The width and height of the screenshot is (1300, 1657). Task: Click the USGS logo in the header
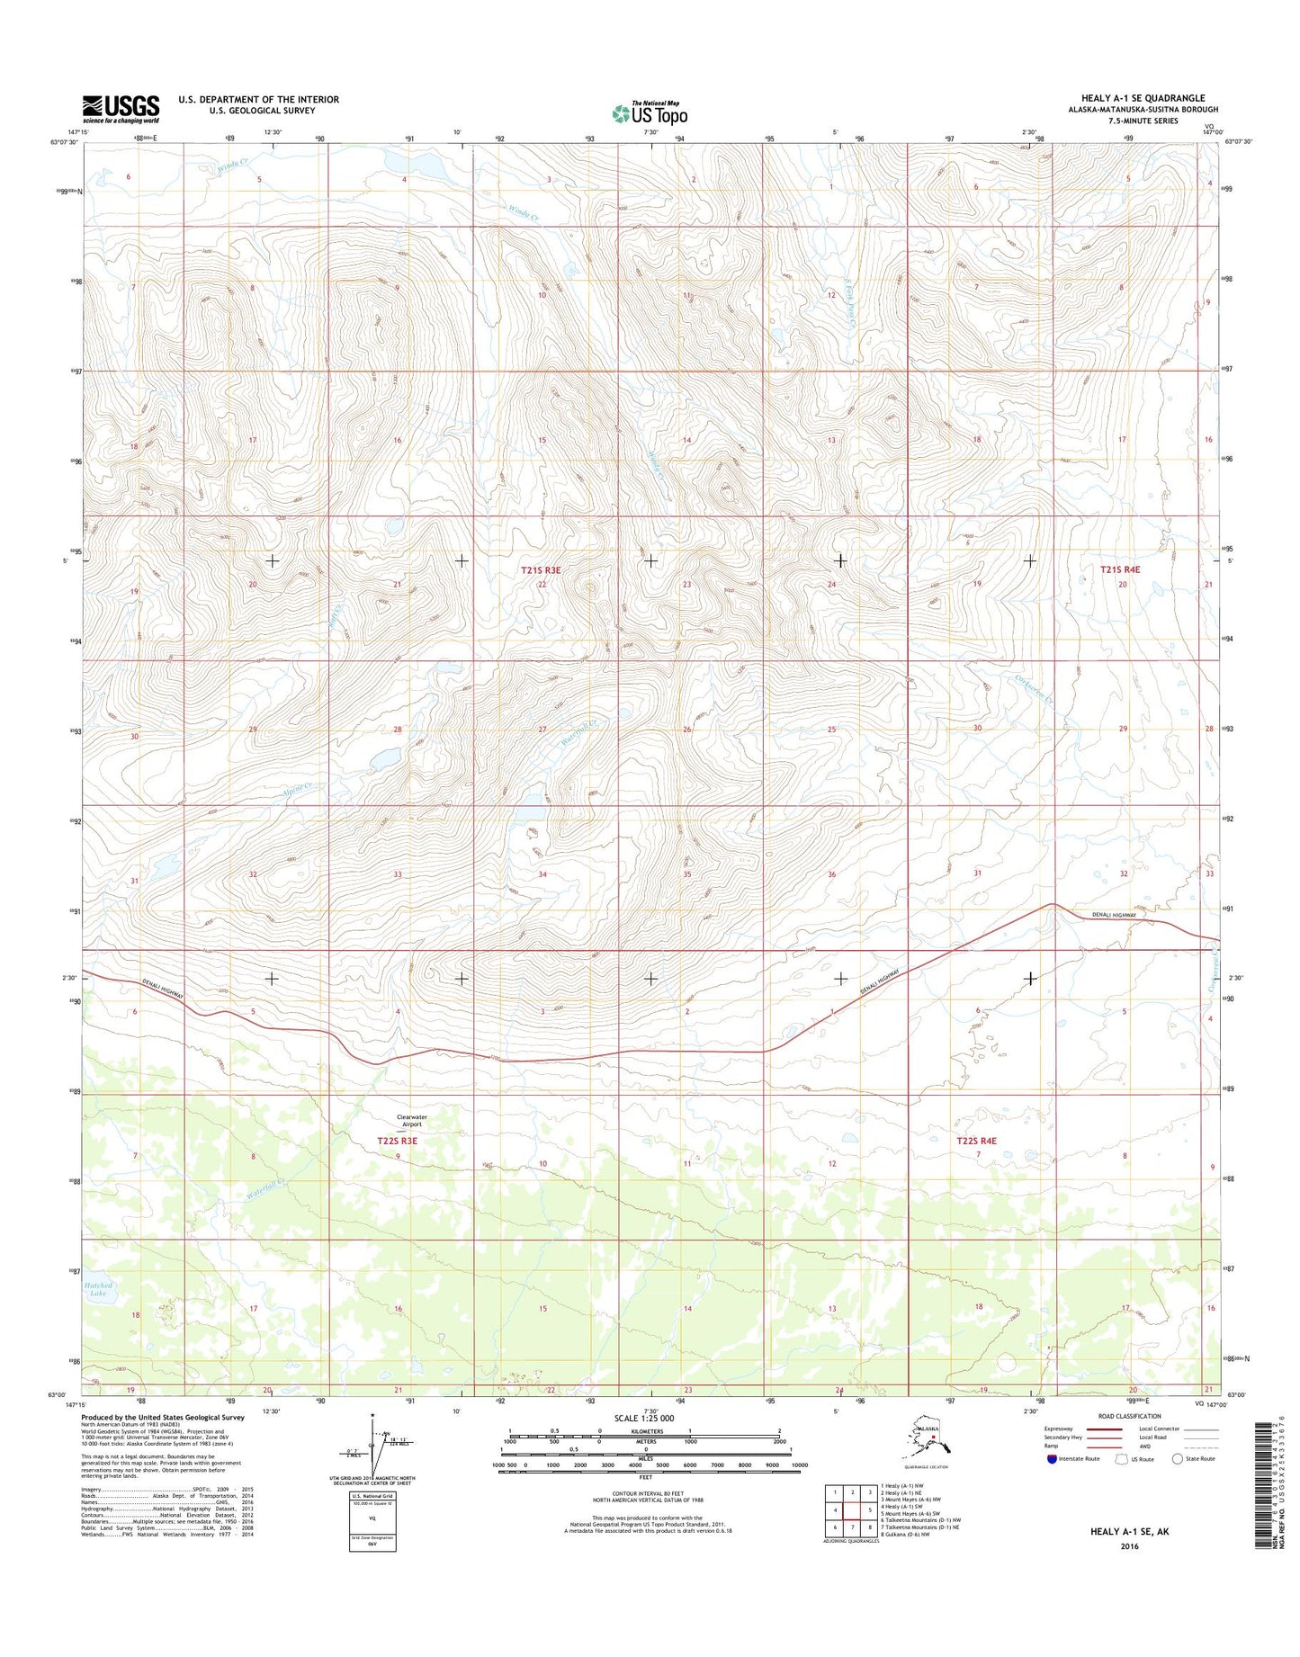[x=121, y=109]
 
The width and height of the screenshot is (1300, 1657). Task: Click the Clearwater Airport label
[x=412, y=1120]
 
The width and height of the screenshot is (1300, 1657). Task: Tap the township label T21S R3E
[x=541, y=570]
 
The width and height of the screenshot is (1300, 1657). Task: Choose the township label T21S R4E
[x=1120, y=569]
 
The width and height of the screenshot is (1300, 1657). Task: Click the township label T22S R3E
[x=397, y=1141]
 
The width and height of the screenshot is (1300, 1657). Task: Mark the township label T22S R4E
[x=976, y=1141]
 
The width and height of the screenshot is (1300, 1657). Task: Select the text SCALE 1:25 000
[x=643, y=1419]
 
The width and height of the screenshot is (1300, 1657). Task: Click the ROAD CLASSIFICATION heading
[x=1129, y=1417]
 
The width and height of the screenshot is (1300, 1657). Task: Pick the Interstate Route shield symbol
[x=1052, y=1458]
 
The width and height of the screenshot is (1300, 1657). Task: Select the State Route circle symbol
[x=1178, y=1458]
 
